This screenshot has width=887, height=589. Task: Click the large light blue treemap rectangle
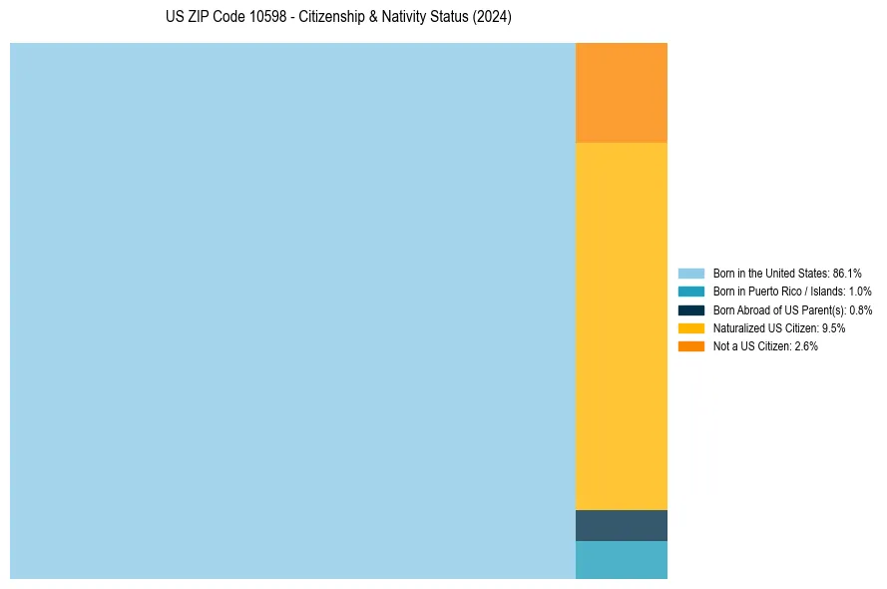(x=292, y=310)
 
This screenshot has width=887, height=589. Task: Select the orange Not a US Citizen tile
(x=621, y=93)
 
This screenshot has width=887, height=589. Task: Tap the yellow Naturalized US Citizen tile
(x=621, y=326)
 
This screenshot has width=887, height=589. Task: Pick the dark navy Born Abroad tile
(x=621, y=525)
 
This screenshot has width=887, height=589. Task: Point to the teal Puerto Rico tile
(x=621, y=560)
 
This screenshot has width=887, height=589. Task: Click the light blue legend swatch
(x=691, y=274)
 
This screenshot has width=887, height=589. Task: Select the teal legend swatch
(x=691, y=292)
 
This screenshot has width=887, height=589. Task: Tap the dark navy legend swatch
(x=691, y=310)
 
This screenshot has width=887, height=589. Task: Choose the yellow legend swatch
(x=691, y=328)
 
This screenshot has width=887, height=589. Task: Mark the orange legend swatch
(x=691, y=346)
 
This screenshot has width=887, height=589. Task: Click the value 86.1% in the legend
(x=847, y=274)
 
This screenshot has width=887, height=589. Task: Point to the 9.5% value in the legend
(x=833, y=328)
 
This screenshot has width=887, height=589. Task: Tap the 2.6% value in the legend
(x=806, y=346)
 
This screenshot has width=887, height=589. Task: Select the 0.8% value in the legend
(x=860, y=310)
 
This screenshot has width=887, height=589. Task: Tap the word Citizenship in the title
(x=333, y=18)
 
